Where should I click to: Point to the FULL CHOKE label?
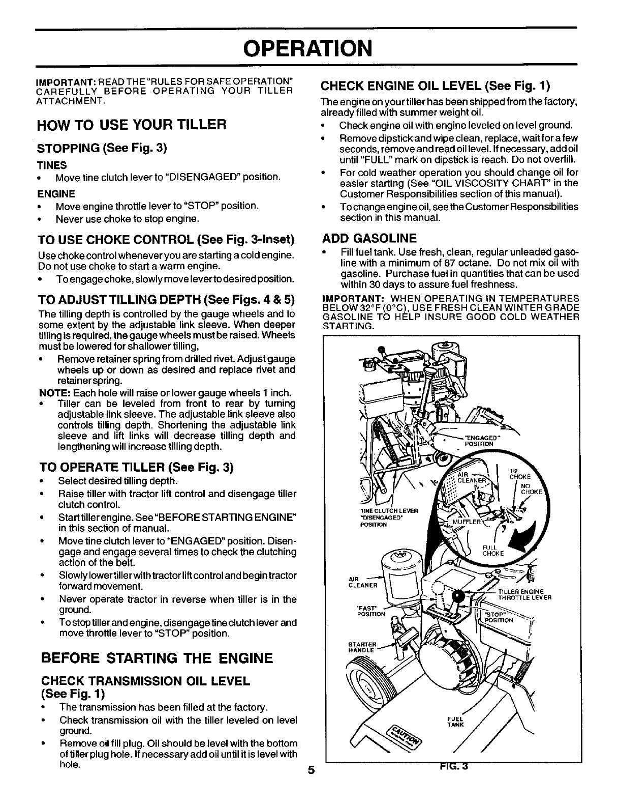click(x=491, y=551)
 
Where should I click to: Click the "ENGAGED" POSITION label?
click(x=479, y=440)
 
